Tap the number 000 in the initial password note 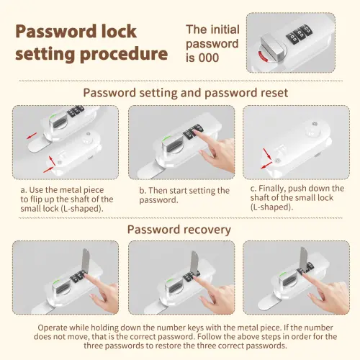tap(209, 58)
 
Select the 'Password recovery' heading tap(179, 230)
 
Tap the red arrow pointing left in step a tap(32, 136)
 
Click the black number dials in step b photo tap(193, 131)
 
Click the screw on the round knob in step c tap(315, 124)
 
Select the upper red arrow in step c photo tap(267, 153)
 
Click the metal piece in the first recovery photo tap(86, 261)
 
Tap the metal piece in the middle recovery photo tap(194, 262)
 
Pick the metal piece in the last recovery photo tap(304, 258)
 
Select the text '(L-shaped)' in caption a tap(82, 209)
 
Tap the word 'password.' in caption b tap(158, 200)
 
